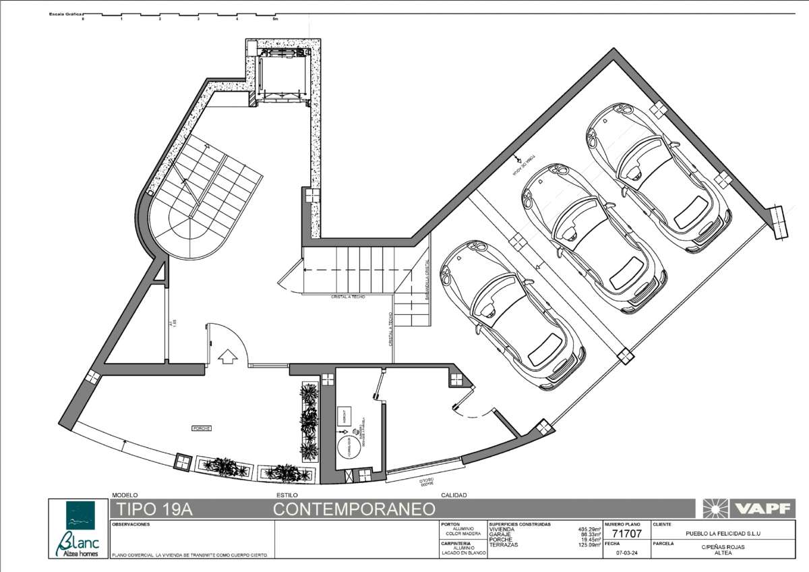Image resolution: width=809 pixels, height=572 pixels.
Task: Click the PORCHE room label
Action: coord(202,428)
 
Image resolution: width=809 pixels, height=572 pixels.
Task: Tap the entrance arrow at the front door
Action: coord(228,355)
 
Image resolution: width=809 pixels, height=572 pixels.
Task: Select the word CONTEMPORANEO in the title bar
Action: coord(353,509)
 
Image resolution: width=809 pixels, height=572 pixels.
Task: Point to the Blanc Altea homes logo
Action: coord(77,530)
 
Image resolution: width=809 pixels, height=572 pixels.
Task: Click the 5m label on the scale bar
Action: coord(274,20)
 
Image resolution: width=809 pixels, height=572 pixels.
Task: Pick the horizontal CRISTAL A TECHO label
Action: coord(348,297)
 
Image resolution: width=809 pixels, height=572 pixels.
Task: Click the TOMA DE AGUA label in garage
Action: coord(524,165)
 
